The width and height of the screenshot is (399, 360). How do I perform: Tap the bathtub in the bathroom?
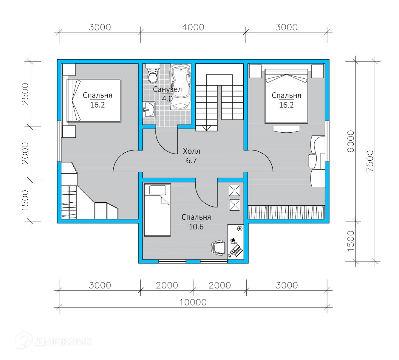point(180,87)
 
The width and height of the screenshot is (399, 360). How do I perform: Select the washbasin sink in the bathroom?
point(149,110)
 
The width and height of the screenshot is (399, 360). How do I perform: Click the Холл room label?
point(191,151)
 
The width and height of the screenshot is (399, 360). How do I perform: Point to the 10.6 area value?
point(196,226)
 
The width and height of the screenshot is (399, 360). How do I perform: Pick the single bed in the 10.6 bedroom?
point(157,210)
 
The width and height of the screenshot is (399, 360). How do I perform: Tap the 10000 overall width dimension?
point(193,302)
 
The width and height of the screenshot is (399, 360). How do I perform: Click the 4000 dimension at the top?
point(193,27)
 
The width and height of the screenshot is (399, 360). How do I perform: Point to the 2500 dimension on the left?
point(25,94)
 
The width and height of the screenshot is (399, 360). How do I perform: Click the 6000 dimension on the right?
point(351,141)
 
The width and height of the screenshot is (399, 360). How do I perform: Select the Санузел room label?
point(167,89)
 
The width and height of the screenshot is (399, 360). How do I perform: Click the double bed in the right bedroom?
point(287,96)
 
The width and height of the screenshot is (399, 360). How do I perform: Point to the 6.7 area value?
point(191,161)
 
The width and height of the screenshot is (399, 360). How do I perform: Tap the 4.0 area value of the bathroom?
point(167,99)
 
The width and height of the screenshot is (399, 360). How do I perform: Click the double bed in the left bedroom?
point(94,101)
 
